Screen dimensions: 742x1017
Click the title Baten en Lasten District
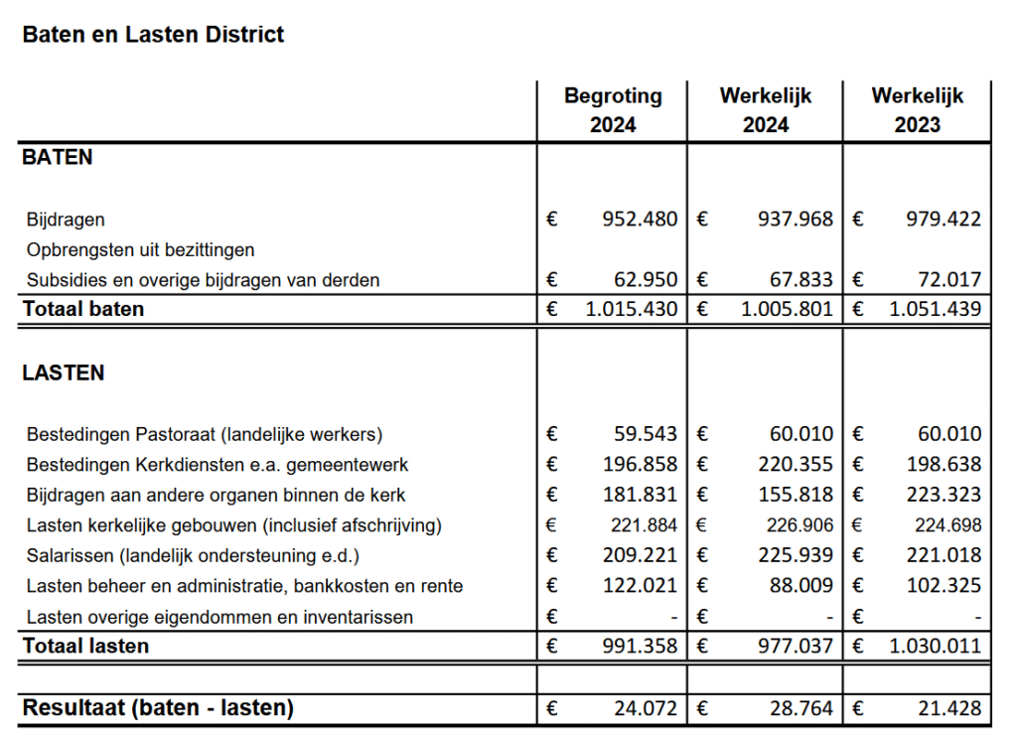tap(153, 35)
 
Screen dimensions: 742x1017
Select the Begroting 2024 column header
tap(613, 110)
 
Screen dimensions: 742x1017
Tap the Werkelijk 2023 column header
tap(917, 110)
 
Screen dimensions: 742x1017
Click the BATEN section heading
tap(58, 157)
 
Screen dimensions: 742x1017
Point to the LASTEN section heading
tap(64, 373)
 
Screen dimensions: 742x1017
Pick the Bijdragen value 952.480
tap(640, 219)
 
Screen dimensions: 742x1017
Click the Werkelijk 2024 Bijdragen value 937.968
tap(796, 219)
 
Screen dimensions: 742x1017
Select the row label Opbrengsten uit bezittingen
tap(141, 249)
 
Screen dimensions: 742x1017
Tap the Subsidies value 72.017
tap(947, 280)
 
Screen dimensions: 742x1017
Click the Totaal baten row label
tap(83, 309)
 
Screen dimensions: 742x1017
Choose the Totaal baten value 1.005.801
tap(787, 309)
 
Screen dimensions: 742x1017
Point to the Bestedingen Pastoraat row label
tap(205, 434)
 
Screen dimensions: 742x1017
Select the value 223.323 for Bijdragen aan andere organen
tap(947, 495)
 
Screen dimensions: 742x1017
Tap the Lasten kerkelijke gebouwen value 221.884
tap(646, 524)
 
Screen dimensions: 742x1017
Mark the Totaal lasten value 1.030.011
tap(935, 647)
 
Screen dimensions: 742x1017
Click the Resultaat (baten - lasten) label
tap(158, 708)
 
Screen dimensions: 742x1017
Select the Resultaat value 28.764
tap(801, 708)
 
